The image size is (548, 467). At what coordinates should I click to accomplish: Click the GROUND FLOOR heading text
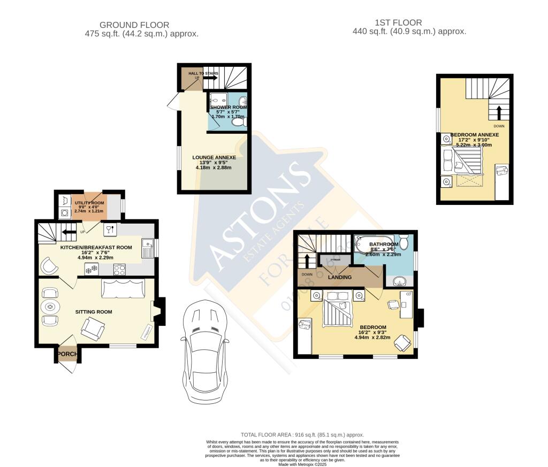(134, 25)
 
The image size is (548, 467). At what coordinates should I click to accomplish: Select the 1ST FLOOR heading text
(398, 22)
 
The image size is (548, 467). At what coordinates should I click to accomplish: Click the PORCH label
(68, 354)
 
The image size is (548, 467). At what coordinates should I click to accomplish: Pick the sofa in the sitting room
(123, 289)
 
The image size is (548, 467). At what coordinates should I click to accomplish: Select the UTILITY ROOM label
(89, 203)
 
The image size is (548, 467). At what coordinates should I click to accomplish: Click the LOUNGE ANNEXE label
(214, 157)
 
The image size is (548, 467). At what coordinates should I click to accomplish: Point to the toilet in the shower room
(239, 122)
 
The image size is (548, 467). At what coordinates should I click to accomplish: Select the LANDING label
(339, 277)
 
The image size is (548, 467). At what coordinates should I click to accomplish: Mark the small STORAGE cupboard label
(335, 259)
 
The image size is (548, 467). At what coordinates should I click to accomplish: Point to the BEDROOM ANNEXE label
(474, 135)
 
